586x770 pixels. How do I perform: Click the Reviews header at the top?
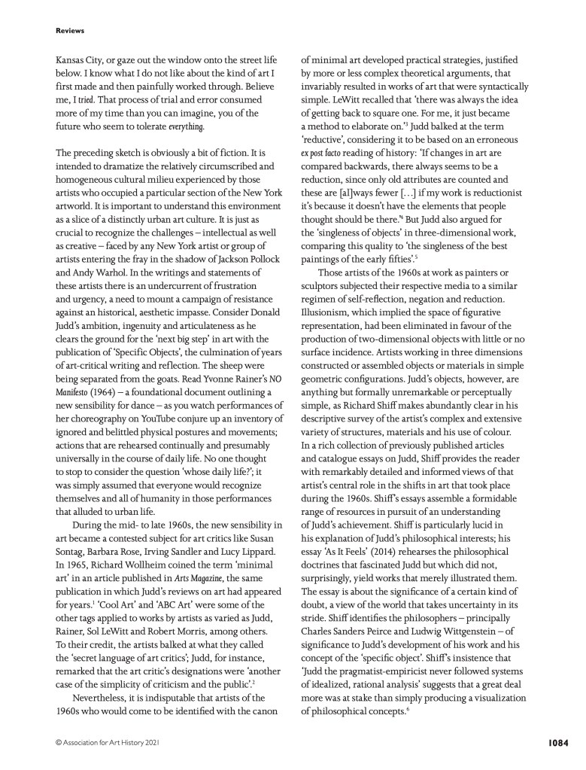click(x=70, y=31)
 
